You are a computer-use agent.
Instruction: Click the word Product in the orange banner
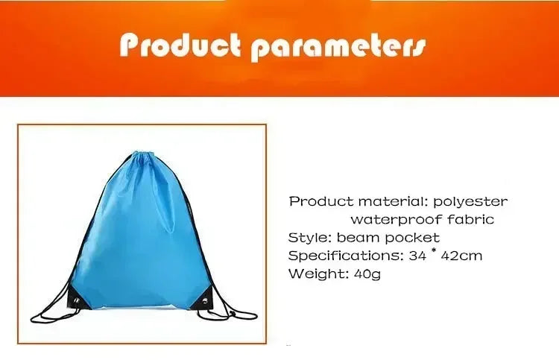[181, 46]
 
